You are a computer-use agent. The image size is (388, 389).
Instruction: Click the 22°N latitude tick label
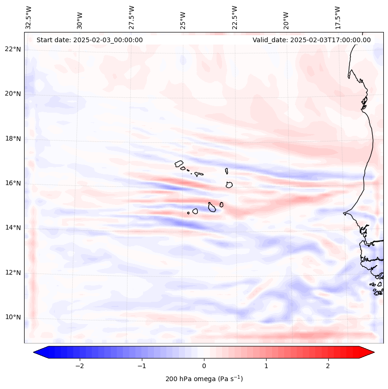(13, 49)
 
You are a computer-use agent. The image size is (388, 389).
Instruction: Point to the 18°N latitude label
(13, 139)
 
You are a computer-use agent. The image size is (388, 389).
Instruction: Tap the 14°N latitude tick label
(13, 228)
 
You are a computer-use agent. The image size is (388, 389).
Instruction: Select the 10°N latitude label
(13, 318)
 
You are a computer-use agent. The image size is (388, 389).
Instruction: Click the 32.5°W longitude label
(29, 17)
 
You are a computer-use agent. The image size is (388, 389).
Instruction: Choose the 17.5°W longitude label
(337, 17)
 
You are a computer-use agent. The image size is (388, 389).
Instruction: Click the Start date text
(89, 40)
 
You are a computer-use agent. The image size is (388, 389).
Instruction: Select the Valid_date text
(312, 40)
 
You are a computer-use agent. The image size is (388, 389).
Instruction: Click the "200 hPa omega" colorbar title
(204, 379)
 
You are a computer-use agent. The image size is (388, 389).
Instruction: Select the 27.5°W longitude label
(132, 17)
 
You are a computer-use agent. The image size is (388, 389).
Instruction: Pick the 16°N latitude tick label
(13, 183)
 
